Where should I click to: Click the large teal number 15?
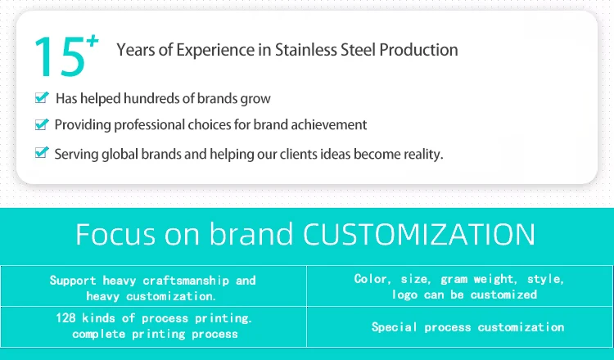pos(60,56)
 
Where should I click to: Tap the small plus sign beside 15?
pos(93,41)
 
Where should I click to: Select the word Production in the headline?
pos(418,50)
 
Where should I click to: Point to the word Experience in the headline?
pos(215,51)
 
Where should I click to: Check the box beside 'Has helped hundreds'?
pos(42,97)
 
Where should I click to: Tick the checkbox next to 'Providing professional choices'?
pos(42,124)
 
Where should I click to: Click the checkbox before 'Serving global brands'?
pos(42,152)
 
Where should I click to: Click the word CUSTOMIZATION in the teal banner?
pos(419,234)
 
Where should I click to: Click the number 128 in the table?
pos(65,317)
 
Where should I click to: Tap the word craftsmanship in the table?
pos(186,281)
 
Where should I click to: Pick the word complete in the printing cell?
pos(99,334)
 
